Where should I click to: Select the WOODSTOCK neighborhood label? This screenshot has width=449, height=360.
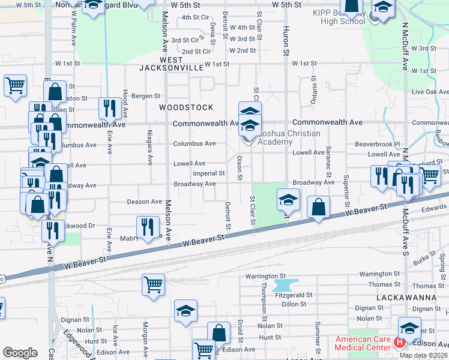point(186,107)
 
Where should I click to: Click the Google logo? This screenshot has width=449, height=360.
point(20,353)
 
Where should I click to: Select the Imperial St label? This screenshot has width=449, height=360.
point(208,173)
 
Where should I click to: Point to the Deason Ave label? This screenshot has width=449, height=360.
point(145,202)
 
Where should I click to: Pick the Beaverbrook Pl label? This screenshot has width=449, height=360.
point(377,145)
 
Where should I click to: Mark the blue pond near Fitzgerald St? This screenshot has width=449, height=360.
point(285,284)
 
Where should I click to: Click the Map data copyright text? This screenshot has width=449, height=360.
point(423,355)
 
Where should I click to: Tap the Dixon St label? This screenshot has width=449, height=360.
point(240,169)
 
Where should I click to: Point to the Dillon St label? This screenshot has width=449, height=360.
point(294,304)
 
